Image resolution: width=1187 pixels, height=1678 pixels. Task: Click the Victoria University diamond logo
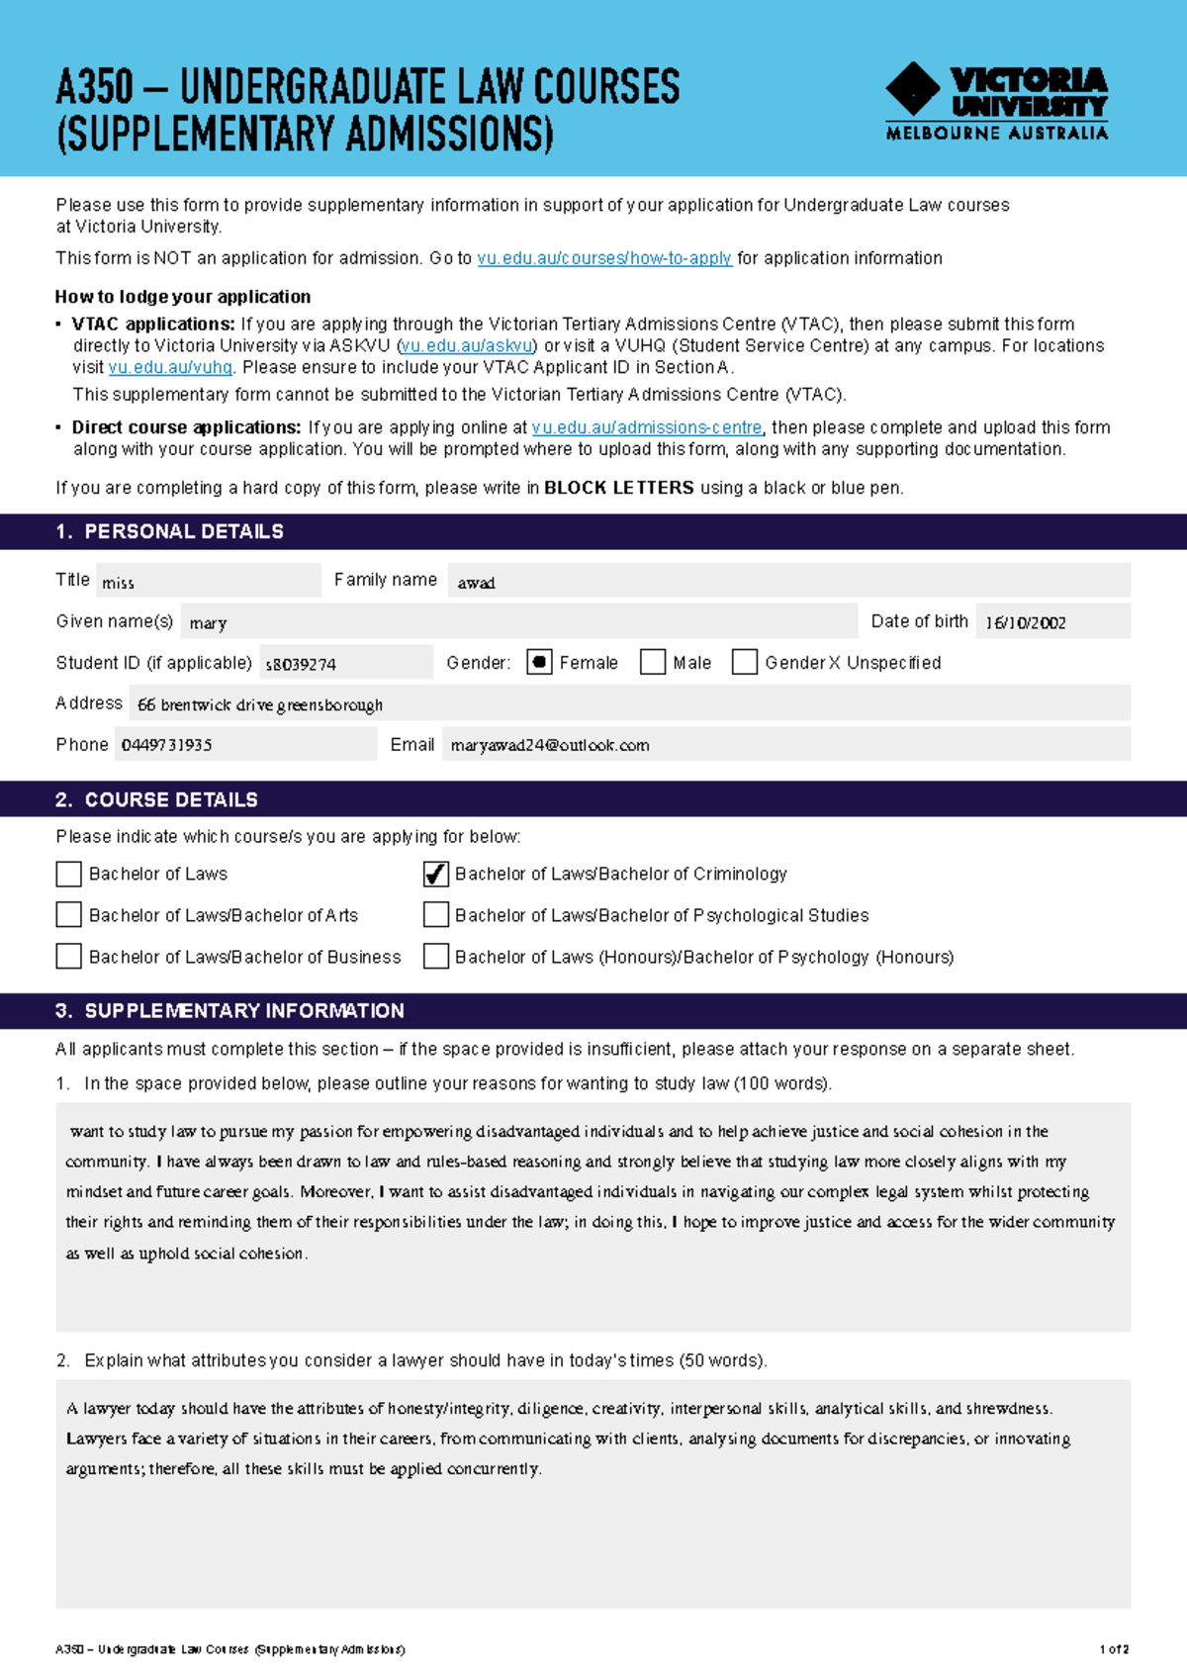[912, 89]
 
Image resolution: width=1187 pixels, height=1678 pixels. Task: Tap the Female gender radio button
[539, 662]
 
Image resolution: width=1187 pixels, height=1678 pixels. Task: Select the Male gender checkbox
[653, 662]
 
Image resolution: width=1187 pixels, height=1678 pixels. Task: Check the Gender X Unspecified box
[745, 662]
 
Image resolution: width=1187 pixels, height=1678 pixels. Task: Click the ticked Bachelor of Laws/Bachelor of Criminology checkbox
[436, 874]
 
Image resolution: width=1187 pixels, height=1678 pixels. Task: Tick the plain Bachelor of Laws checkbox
[69, 874]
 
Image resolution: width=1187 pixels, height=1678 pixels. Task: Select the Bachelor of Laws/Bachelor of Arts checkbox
[69, 915]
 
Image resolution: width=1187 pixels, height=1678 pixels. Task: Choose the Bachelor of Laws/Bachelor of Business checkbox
[69, 957]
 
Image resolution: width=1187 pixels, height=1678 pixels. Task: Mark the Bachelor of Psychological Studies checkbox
[436, 915]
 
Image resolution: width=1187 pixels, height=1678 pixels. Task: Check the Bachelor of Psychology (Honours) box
[436, 957]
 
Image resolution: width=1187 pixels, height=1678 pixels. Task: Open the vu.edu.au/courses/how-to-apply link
[604, 258]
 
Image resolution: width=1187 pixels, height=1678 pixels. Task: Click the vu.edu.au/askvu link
[467, 346]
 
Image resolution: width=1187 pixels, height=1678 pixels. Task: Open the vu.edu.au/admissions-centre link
[647, 427]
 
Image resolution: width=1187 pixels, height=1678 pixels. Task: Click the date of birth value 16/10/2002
[1026, 623]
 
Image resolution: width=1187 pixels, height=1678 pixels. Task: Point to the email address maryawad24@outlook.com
[550, 745]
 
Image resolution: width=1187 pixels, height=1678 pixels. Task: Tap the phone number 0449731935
[166, 745]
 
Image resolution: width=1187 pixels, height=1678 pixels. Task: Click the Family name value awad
[476, 583]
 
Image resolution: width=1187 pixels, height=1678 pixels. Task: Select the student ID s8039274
[301, 664]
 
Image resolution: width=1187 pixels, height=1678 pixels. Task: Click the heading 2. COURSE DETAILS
[157, 799]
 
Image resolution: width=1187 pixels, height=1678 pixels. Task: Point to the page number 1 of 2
[1114, 1649]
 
